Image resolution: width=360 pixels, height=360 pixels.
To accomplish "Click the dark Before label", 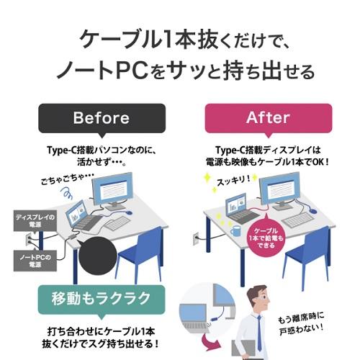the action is tap(102, 118).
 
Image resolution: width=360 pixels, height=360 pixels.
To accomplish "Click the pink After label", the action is tap(269, 118).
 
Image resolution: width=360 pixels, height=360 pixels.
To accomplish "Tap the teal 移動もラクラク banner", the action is tap(102, 300).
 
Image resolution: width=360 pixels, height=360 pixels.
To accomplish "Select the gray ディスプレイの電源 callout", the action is tap(35, 221).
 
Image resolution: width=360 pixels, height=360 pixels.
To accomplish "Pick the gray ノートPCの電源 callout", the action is tap(35, 261).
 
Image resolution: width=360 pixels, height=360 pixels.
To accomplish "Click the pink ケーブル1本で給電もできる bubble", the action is tap(266, 238).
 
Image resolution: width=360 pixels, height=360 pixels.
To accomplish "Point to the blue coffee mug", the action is tap(235, 230).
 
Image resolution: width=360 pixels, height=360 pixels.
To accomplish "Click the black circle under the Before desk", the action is tap(98, 256).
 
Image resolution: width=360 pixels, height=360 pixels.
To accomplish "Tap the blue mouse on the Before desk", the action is tap(129, 212).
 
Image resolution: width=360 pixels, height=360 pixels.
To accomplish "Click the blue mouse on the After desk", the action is tap(312, 211).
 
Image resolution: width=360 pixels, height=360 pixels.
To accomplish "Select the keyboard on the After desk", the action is tap(297, 220).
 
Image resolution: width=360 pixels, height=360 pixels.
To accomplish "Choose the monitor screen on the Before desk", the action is tap(112, 189).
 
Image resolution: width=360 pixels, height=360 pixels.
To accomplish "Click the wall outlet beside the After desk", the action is tap(196, 238).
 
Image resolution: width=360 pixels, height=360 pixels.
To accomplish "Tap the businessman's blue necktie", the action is tap(259, 333).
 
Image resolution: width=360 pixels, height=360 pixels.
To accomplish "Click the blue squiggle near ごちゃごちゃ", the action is tap(66, 193).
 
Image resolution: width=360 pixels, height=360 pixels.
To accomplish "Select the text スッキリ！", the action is tap(233, 181).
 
